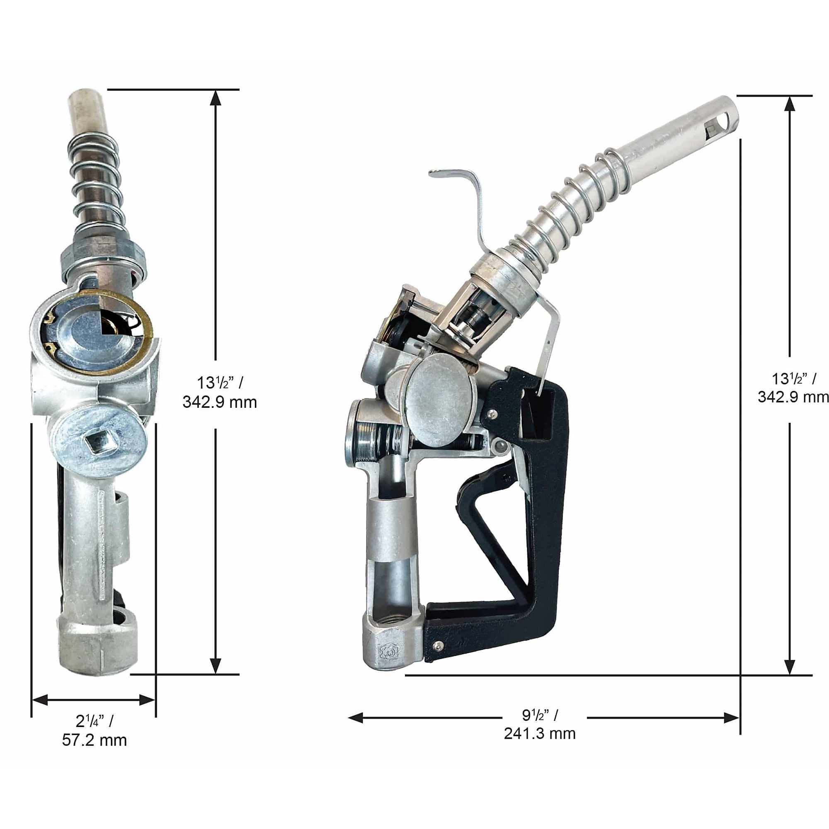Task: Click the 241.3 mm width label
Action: [x=539, y=733]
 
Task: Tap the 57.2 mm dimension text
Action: [x=95, y=740]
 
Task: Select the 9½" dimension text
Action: [x=540, y=715]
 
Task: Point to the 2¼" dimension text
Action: [x=95, y=721]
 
